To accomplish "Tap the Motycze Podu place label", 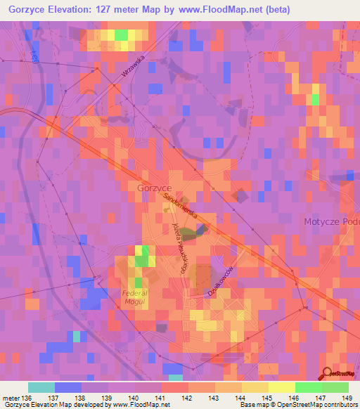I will coord(331,221).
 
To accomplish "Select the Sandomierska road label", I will coord(180,207).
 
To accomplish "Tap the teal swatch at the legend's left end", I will coord(41,387).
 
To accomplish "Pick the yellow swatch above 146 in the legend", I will coord(281,387).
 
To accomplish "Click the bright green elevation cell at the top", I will coord(121,34).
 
